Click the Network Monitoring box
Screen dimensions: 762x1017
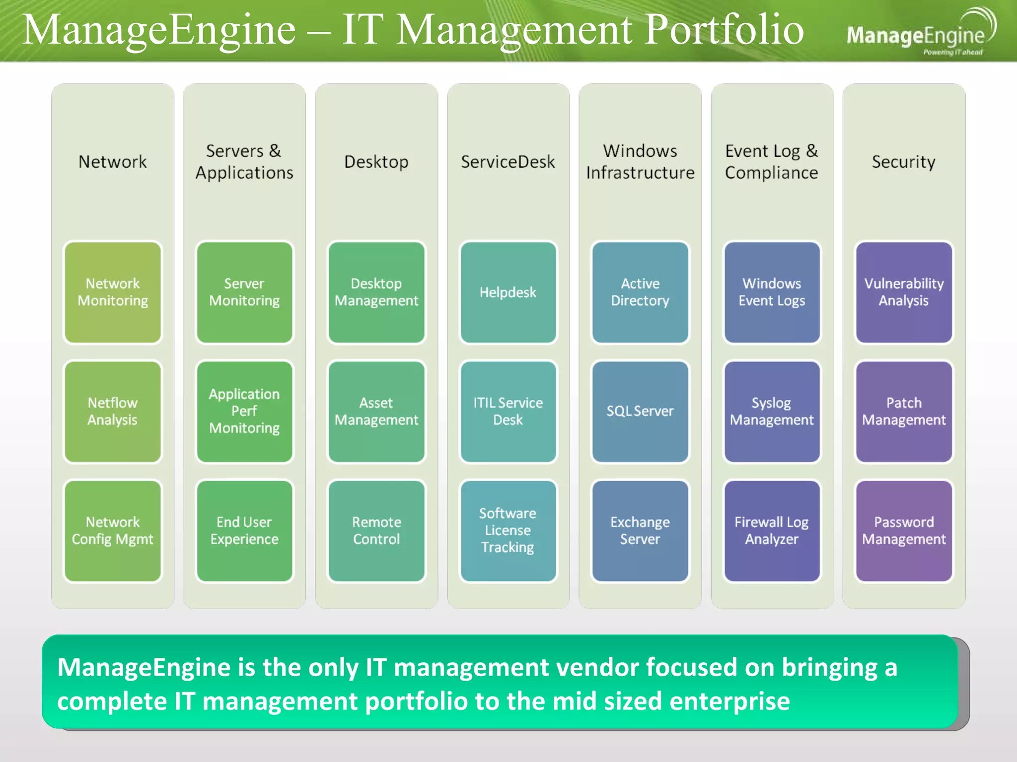113,292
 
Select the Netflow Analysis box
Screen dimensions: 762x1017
113,411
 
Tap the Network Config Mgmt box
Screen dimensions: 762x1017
113,530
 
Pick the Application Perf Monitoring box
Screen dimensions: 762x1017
244,411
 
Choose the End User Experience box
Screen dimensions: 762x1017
244,530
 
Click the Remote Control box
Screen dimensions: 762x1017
376,530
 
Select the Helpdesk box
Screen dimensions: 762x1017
508,292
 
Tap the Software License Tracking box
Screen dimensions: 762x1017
508,530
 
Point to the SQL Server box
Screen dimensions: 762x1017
640,411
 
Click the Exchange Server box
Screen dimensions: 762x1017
640,530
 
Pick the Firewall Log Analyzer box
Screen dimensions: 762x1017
772,530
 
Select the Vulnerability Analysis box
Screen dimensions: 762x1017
904,292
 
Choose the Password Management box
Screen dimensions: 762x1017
904,530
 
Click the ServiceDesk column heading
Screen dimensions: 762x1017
508,162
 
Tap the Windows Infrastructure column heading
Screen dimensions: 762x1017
640,162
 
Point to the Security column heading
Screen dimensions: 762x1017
904,162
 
